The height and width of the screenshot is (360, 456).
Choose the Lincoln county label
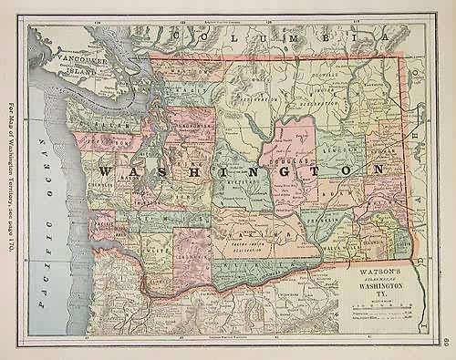(342, 146)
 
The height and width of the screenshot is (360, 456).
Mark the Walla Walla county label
(346, 245)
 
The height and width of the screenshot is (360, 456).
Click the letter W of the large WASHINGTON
(104, 172)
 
